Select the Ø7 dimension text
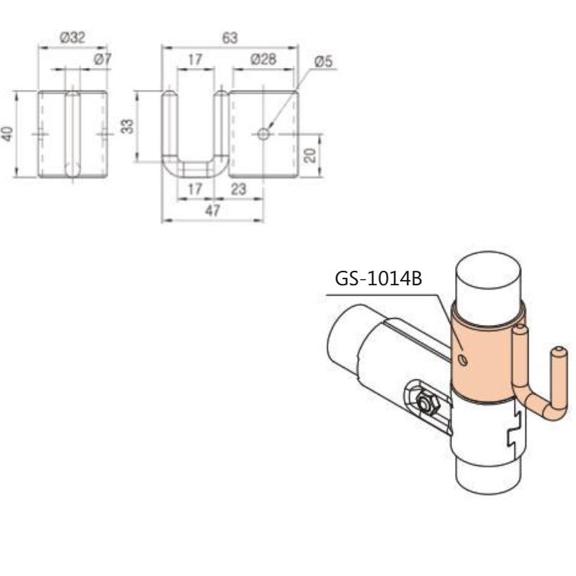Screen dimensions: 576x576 tap(103, 59)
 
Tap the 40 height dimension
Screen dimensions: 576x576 tap(8, 134)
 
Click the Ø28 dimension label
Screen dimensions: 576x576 tap(263, 59)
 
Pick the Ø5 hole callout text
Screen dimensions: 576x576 tap(323, 62)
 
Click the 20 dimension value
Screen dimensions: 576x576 tap(309, 156)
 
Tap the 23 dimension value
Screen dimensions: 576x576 tap(239, 189)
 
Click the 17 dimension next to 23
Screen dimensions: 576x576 tap(194, 189)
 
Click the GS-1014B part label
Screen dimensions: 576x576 tap(379, 278)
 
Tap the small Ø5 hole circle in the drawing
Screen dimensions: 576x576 tap(263, 134)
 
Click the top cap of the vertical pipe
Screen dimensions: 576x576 tap(491, 268)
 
